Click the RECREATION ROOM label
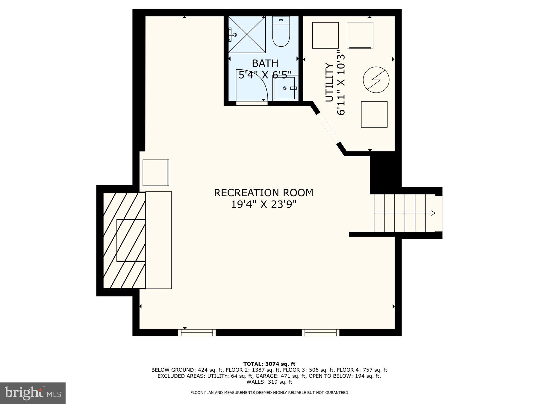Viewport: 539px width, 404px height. (264, 193)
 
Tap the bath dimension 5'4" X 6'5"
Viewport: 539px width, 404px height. (265, 75)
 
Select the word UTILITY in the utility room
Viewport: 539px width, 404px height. (329, 83)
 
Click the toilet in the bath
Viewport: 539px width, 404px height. (281, 32)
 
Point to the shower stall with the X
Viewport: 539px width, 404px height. (247, 35)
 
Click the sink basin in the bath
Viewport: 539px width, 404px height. (285, 88)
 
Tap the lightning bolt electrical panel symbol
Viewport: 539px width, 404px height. (376, 80)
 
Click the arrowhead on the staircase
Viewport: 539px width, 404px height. (433, 213)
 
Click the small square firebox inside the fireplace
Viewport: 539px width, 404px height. (131, 240)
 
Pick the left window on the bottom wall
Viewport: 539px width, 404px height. (197, 332)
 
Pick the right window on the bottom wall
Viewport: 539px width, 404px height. (320, 332)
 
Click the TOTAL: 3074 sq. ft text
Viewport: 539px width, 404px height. (269, 364)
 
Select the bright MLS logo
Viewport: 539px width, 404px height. (33, 393)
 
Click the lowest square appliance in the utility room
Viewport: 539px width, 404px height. (374, 114)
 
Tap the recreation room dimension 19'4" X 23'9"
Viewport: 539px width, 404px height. (264, 204)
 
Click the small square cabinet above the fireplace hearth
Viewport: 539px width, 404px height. (156, 173)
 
